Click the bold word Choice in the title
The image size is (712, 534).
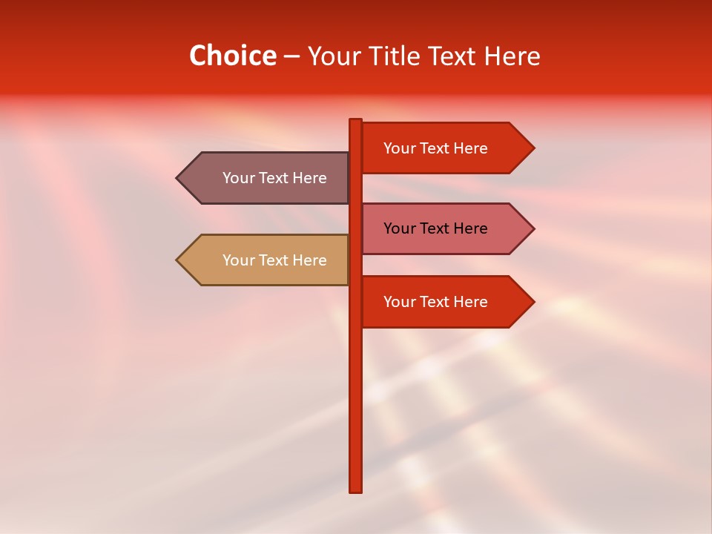coord(232,56)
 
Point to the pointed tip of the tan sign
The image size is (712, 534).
coord(178,260)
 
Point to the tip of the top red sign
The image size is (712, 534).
coord(533,148)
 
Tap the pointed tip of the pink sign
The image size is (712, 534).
coord(533,228)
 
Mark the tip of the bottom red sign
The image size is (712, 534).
coord(533,302)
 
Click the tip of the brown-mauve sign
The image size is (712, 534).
coord(178,178)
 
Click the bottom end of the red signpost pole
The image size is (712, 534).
coord(356,489)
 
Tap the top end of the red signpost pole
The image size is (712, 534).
coord(356,121)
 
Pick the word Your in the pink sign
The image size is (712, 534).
coord(398,228)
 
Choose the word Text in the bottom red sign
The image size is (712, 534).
coord(434,302)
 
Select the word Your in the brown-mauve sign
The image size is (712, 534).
coord(237,178)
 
